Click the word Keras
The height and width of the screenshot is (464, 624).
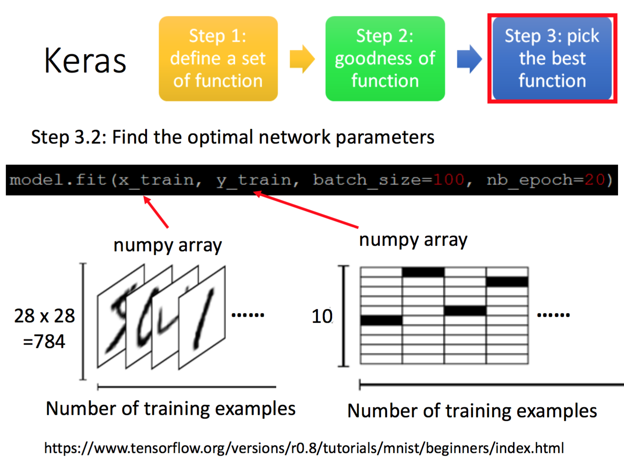click(x=85, y=61)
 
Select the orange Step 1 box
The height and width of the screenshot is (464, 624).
click(x=218, y=59)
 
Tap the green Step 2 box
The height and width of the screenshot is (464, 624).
click(x=385, y=59)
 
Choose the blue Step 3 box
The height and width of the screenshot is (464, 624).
click(x=552, y=59)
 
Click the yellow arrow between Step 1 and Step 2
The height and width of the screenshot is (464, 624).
click(x=302, y=59)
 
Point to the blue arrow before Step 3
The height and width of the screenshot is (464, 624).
click(x=469, y=59)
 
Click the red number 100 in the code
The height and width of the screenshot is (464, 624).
click(x=449, y=180)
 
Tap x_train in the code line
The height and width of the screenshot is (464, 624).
click(x=156, y=180)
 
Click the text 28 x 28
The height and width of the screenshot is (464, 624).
click(x=44, y=316)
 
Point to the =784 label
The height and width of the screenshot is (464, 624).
click(x=44, y=342)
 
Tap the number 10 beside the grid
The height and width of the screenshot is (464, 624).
click(x=322, y=316)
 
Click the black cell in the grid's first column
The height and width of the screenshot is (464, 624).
click(x=381, y=320)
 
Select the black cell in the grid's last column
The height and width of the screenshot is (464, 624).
click(x=507, y=282)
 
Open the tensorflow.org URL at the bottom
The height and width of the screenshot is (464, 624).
click(x=304, y=448)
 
